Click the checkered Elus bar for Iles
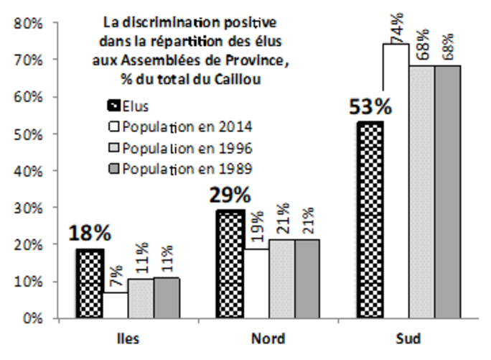pyautogui.click(x=90, y=283)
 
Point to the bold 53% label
pyautogui.click(x=370, y=108)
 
